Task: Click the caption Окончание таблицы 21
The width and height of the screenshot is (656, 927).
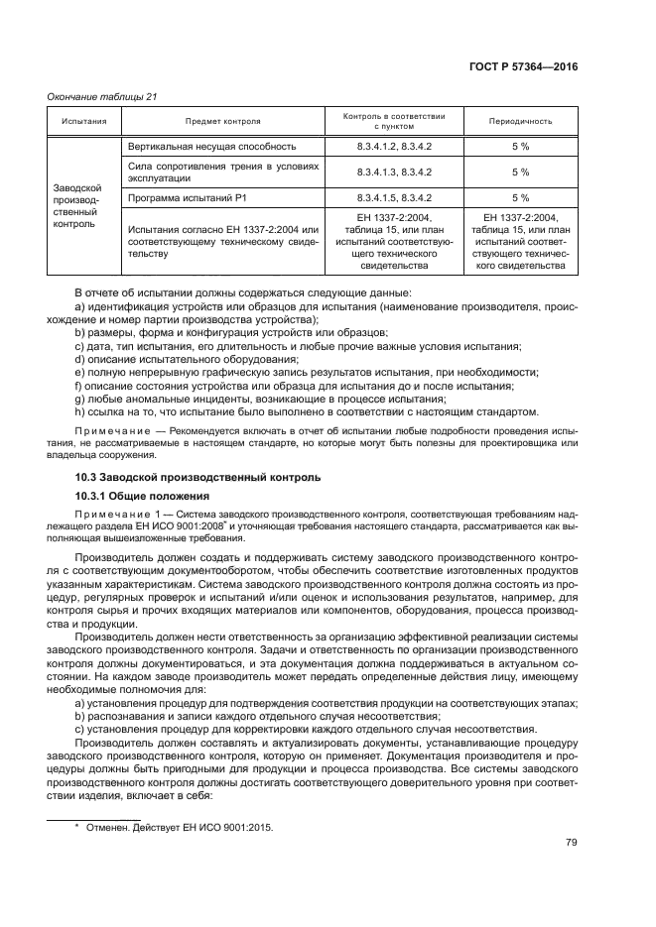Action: pyautogui.click(x=103, y=97)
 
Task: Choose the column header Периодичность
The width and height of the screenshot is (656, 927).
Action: pyautogui.click(x=520, y=122)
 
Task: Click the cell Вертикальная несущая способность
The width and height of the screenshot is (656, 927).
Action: pyautogui.click(x=211, y=146)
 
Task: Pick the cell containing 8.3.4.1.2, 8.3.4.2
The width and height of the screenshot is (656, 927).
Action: pyautogui.click(x=394, y=146)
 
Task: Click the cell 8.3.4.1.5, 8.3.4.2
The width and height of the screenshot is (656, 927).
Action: pyautogui.click(x=394, y=197)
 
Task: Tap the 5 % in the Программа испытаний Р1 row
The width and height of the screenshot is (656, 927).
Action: pyautogui.click(x=520, y=197)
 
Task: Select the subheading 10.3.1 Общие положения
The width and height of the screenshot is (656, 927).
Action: pyautogui.click(x=143, y=495)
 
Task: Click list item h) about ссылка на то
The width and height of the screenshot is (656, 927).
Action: pyautogui.click(x=308, y=411)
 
